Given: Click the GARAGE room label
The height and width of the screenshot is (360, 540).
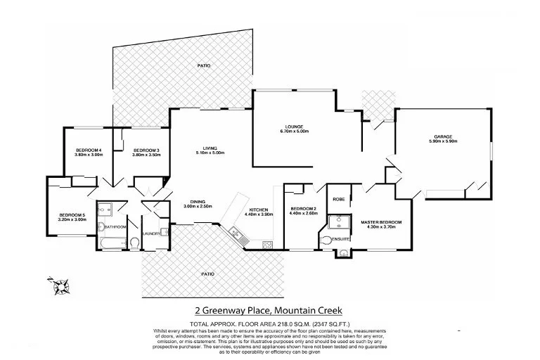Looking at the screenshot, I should click(x=442, y=136).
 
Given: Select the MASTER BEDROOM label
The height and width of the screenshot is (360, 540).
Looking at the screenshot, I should click(x=381, y=223).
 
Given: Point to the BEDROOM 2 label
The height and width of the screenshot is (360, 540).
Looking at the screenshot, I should click(x=304, y=209).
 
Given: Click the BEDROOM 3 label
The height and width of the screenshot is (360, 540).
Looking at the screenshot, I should click(x=147, y=150).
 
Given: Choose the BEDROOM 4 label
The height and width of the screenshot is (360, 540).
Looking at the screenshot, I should click(x=89, y=150).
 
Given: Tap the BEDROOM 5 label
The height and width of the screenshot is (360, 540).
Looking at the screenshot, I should click(x=72, y=214).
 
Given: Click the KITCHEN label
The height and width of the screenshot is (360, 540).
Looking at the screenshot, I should click(x=258, y=209).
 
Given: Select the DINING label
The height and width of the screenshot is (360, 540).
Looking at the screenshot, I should click(x=198, y=200).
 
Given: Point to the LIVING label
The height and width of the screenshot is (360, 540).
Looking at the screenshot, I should click(x=210, y=148).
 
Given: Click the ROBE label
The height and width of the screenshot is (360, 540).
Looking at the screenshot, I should click(x=338, y=199).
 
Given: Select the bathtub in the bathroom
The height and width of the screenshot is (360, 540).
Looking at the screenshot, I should click(x=112, y=244).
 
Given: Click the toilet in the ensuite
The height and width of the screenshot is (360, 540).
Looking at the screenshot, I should click(x=324, y=241).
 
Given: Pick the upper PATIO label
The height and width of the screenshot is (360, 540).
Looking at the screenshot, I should click(x=202, y=65).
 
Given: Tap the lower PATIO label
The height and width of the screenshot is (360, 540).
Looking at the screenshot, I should click(x=208, y=273).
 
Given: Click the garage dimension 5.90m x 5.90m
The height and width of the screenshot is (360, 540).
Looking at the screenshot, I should click(x=442, y=142).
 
